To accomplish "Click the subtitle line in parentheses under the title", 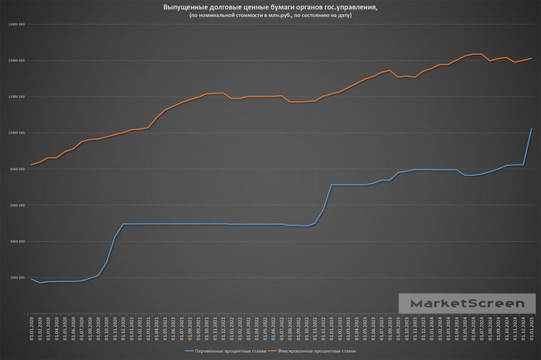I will click(270, 15).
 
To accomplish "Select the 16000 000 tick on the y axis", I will click(17, 24).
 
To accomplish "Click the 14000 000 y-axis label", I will click(17, 60).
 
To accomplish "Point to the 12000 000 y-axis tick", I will click(17, 97).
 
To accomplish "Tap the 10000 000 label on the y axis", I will click(17, 133).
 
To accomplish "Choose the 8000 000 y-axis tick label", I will click(18, 169).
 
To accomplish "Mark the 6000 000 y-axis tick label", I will click(18, 205).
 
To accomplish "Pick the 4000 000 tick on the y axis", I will click(18, 242).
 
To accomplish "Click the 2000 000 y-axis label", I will click(18, 278).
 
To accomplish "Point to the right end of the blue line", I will click(532, 128).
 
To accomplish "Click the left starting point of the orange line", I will click(31, 165).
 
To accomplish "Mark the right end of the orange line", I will click(532, 59).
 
